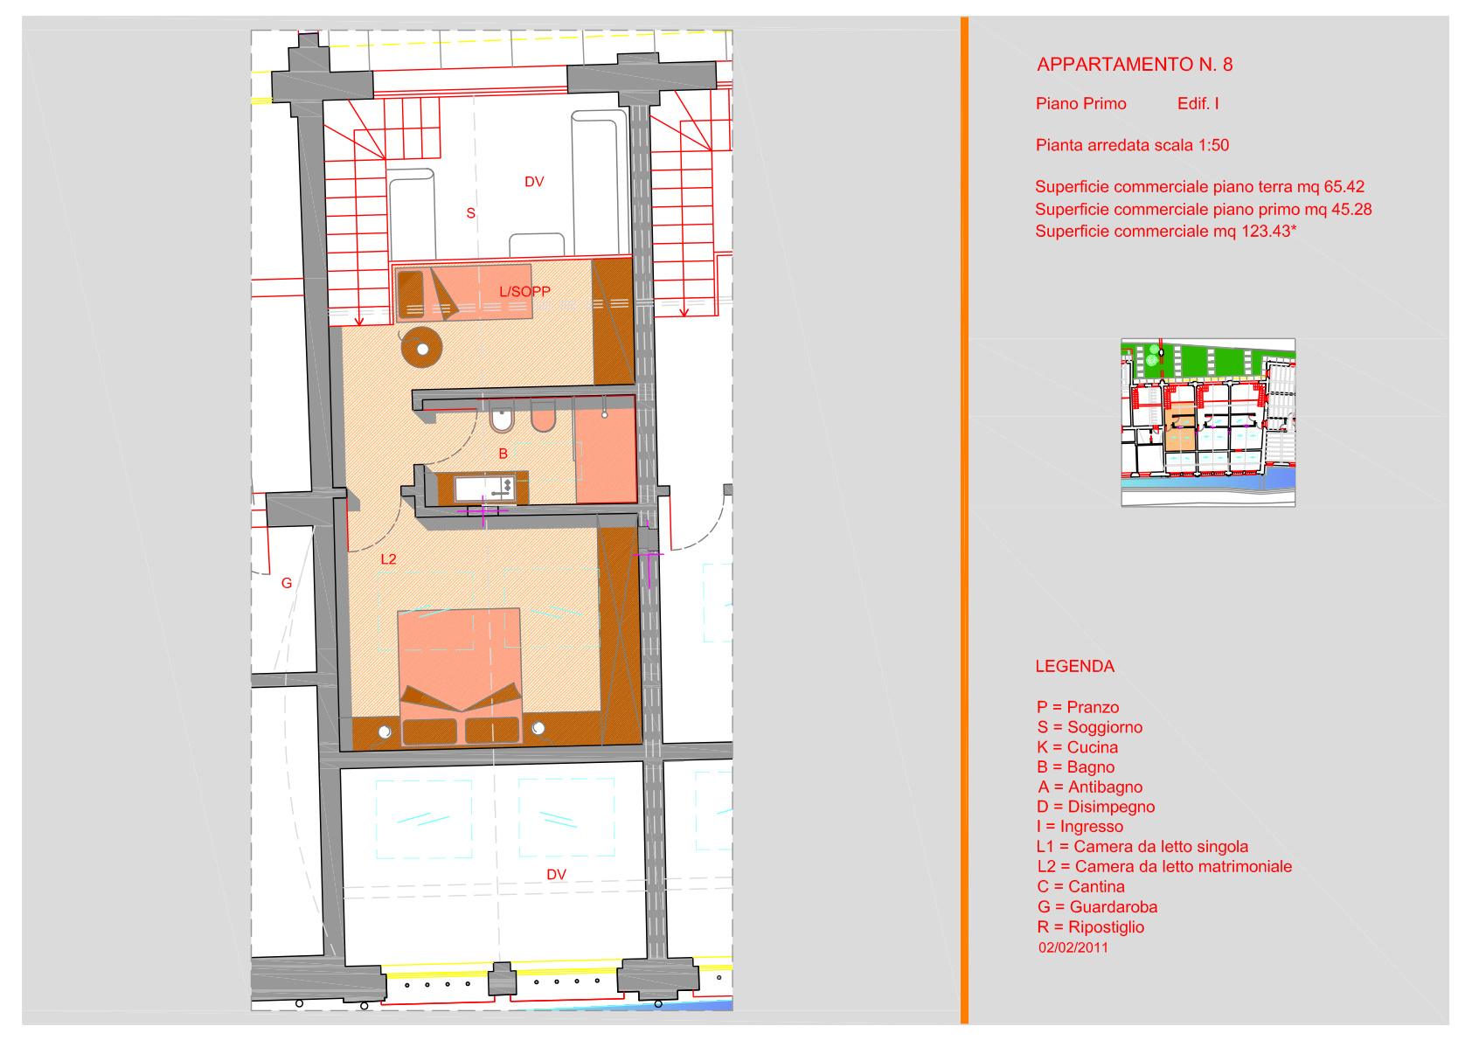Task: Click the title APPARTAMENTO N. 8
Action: pos(1135,65)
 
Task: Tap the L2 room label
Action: pos(388,559)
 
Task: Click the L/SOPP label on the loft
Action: pos(524,292)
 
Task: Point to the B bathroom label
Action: pos(503,454)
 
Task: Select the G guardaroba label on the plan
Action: pos(287,583)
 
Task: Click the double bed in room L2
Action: pos(460,676)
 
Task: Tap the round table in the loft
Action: pos(421,348)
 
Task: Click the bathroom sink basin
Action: pos(483,489)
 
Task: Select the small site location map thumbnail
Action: pos(1208,422)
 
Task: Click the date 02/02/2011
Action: pos(1073,947)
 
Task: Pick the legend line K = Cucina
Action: pos(1077,747)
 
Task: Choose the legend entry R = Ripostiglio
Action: pos(1091,927)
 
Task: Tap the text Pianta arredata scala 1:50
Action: pos(1132,145)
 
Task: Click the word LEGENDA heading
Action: pos(1075,666)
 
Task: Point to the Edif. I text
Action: pos(1198,104)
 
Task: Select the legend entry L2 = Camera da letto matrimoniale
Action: pos(1164,867)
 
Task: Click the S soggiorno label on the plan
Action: pos(470,213)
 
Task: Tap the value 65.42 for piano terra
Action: pos(1344,186)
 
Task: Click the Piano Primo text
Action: pos(1081,104)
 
